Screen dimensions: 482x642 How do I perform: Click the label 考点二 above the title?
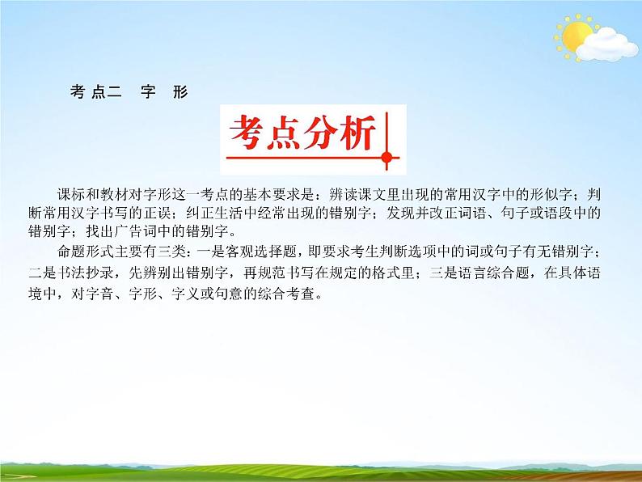coord(95,92)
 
